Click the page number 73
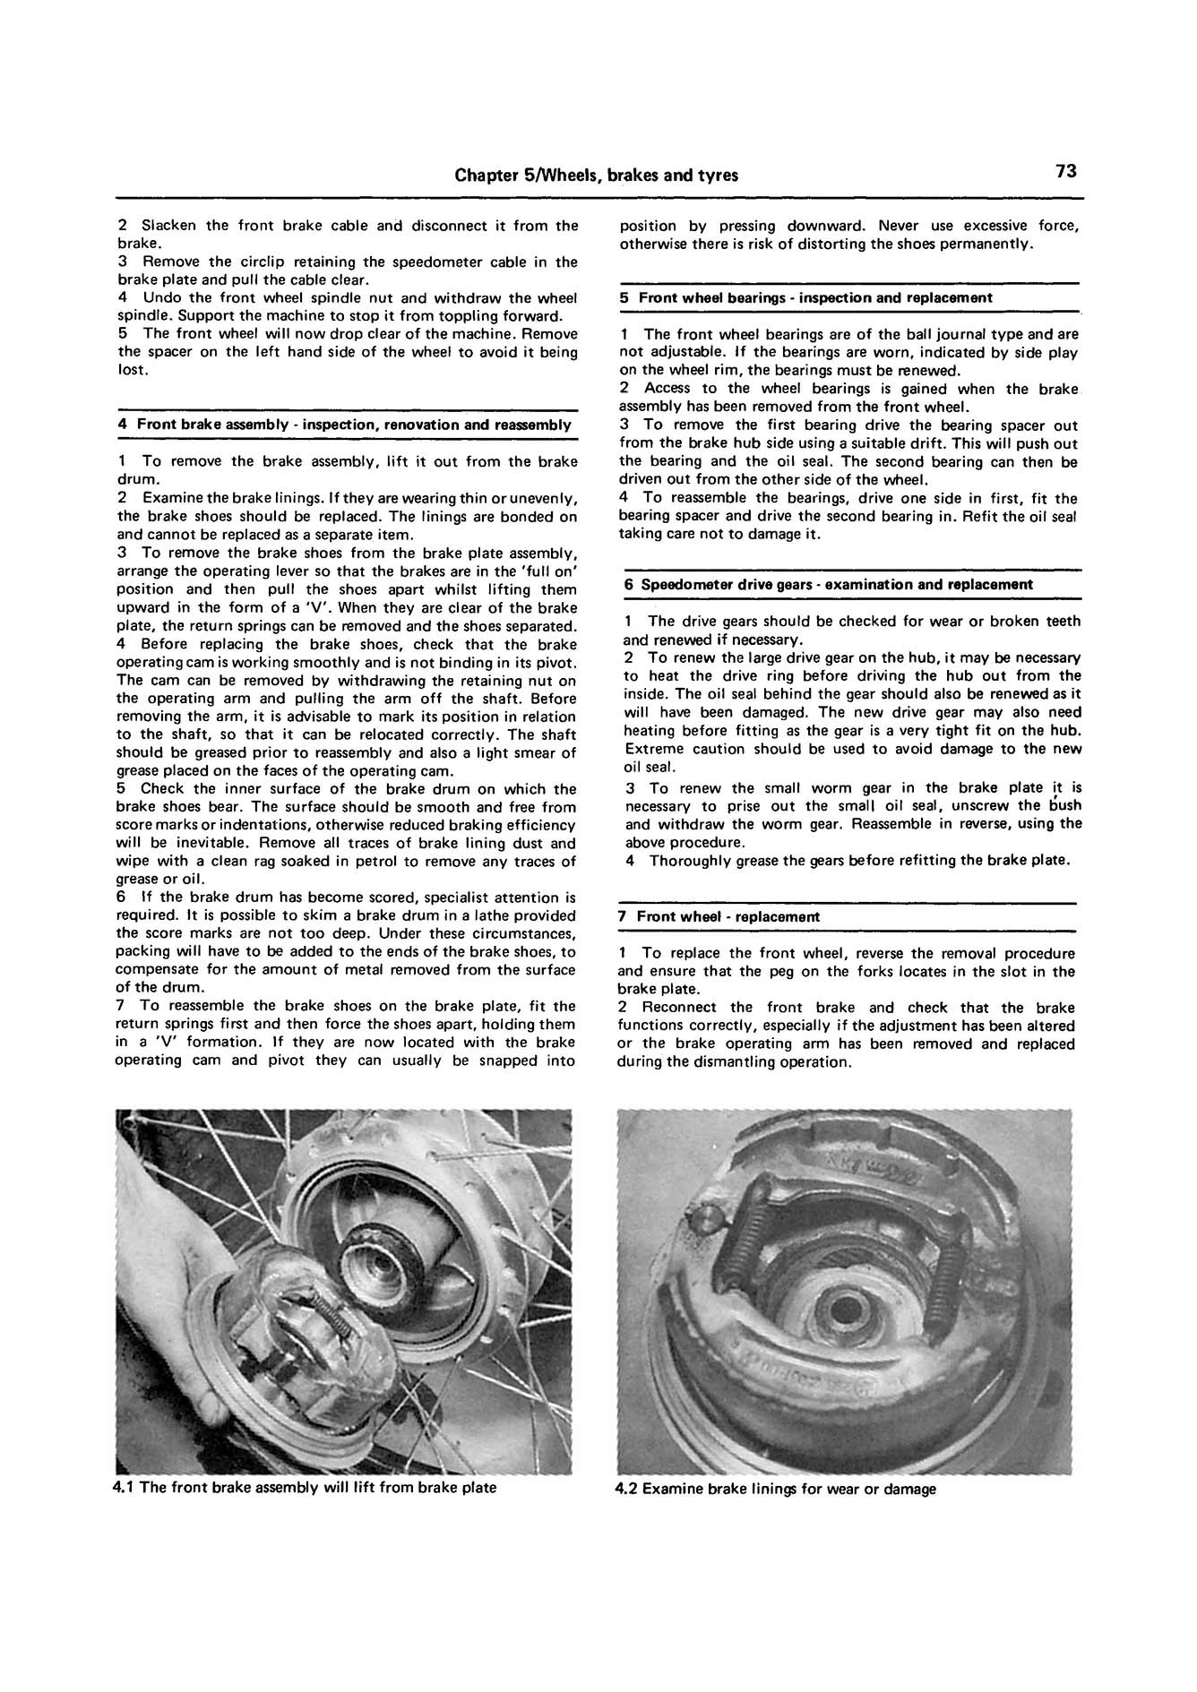click(1065, 172)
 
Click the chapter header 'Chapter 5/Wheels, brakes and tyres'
click(596, 175)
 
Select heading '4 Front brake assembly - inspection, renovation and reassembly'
click(345, 425)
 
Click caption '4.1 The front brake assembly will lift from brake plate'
click(305, 1488)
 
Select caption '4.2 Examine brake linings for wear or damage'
click(776, 1489)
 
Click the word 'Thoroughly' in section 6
click(685, 861)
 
